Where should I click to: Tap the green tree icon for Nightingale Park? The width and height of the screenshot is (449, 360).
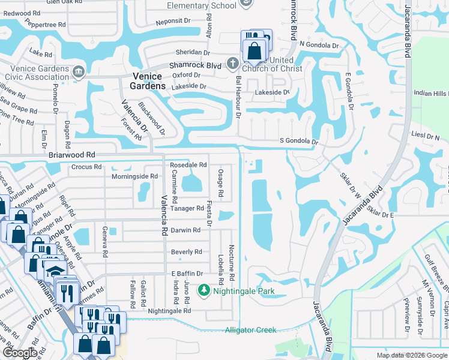(x=204, y=291)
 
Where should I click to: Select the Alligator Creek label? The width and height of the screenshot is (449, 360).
(x=250, y=330)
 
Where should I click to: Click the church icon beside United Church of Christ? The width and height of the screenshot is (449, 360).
(x=234, y=62)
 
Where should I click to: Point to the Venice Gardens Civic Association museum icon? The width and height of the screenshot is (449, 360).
(x=78, y=73)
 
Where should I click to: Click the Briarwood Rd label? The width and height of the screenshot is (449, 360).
(x=72, y=155)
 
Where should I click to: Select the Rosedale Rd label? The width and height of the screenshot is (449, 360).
(x=188, y=164)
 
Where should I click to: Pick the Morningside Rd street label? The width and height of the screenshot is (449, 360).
(x=135, y=176)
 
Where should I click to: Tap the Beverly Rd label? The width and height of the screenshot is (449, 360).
(x=186, y=252)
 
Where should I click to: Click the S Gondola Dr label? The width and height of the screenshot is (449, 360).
(x=298, y=142)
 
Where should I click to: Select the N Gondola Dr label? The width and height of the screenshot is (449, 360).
(x=319, y=45)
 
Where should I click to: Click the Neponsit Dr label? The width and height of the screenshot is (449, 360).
(x=173, y=20)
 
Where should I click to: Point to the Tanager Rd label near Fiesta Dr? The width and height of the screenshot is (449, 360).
(x=187, y=208)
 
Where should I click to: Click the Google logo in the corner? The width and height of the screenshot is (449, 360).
(x=19, y=352)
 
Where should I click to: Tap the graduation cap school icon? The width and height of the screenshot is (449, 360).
(x=55, y=271)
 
